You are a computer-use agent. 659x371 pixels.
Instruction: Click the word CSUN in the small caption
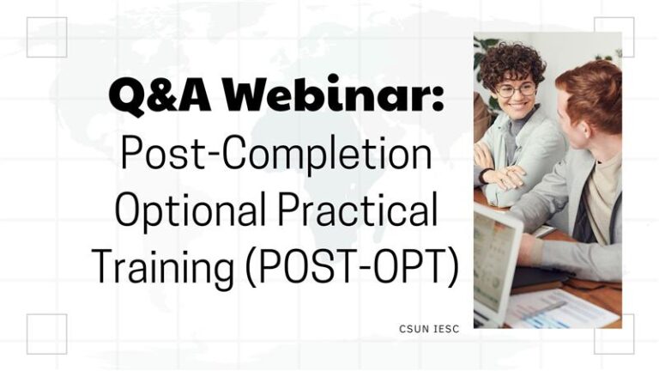pyautogui.click(x=413, y=328)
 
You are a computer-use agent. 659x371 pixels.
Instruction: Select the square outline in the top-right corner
pyautogui.click(x=614, y=37)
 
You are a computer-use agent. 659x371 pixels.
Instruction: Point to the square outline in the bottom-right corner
pyautogui.click(x=614, y=334)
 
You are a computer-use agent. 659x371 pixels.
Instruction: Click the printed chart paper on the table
pyautogui.click(x=557, y=308)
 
